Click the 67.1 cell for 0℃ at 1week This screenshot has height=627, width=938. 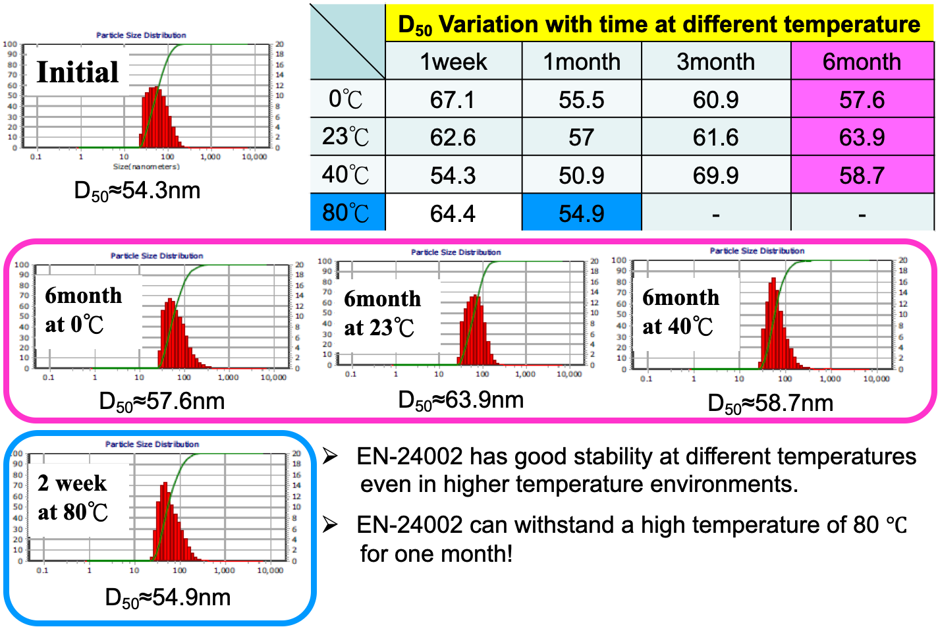click(453, 99)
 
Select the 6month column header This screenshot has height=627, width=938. click(862, 61)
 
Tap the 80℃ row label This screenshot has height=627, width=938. click(347, 213)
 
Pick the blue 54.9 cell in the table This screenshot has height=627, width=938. click(581, 213)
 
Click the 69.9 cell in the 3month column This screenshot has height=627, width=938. click(715, 175)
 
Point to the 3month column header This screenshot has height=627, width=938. click(715, 61)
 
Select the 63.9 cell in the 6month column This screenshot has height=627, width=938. click(862, 138)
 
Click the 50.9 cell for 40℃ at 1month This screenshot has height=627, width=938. click(581, 175)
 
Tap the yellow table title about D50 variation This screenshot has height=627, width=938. click(659, 24)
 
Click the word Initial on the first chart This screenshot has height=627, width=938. click(78, 72)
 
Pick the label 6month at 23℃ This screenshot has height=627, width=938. click(382, 312)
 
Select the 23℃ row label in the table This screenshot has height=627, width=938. click(347, 138)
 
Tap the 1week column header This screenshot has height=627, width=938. click(453, 61)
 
